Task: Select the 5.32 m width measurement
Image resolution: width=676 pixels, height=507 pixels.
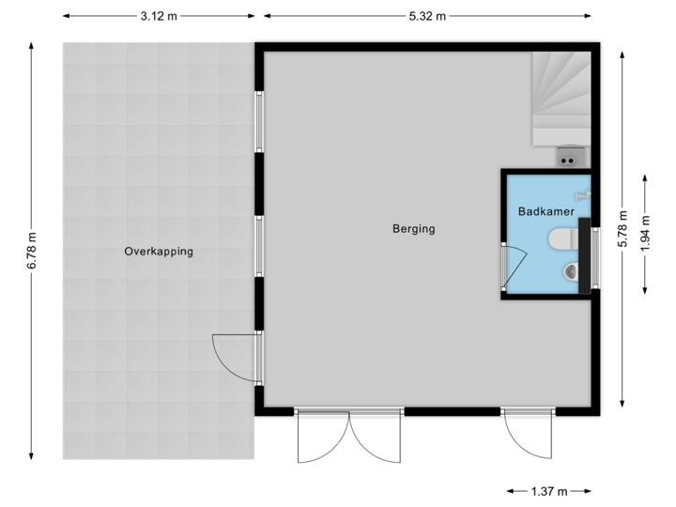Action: pos(427,15)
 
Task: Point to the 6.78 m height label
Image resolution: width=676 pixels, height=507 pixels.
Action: pos(32,252)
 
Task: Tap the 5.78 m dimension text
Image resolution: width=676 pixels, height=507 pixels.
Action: pos(622,228)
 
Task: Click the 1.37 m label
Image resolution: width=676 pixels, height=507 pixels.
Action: pos(548,491)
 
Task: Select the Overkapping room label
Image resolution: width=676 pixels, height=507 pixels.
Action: pos(159,252)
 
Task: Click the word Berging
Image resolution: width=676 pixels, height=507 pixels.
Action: pos(414,229)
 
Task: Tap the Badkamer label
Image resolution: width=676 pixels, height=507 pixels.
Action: pos(545,213)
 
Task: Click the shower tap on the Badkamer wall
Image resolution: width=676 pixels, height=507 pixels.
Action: pos(583,194)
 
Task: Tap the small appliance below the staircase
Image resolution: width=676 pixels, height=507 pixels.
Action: pos(567,156)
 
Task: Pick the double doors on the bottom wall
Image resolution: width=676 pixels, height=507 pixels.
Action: pos(348,437)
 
